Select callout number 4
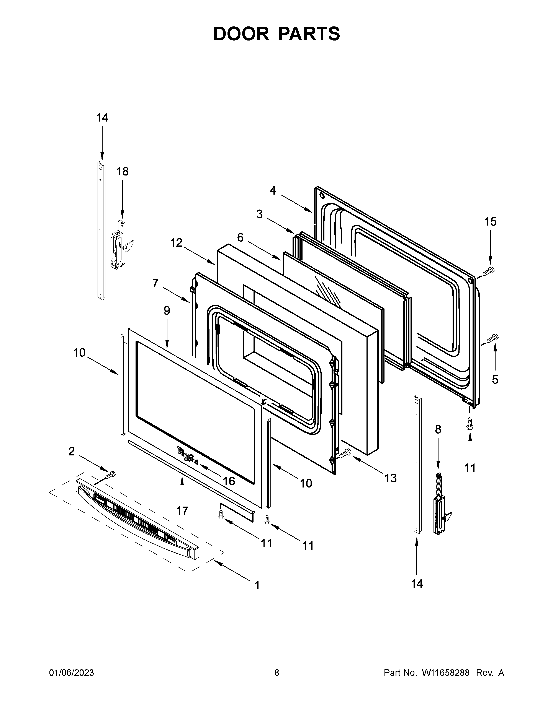pyautogui.click(x=273, y=190)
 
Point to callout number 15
pyautogui.click(x=490, y=222)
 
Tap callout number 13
pyautogui.click(x=391, y=478)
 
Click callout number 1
pyautogui.click(x=257, y=585)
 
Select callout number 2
pyautogui.click(x=71, y=452)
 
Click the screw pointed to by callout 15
pyautogui.click(x=489, y=271)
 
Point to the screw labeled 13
pyautogui.click(x=344, y=453)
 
